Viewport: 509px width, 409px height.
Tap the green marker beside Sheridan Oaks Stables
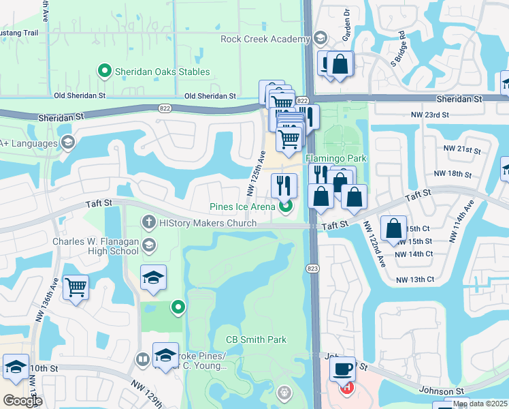click(105, 70)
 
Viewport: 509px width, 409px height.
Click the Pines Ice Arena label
click(242, 207)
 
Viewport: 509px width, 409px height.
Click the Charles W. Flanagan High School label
click(95, 246)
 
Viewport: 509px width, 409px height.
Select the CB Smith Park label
click(256, 339)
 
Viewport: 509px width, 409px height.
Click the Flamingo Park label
click(340, 158)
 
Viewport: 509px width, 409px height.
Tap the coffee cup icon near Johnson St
click(343, 369)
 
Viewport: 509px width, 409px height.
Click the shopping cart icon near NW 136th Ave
click(76, 286)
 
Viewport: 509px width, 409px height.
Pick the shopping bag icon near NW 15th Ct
click(394, 228)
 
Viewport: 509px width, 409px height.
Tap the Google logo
click(22, 401)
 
